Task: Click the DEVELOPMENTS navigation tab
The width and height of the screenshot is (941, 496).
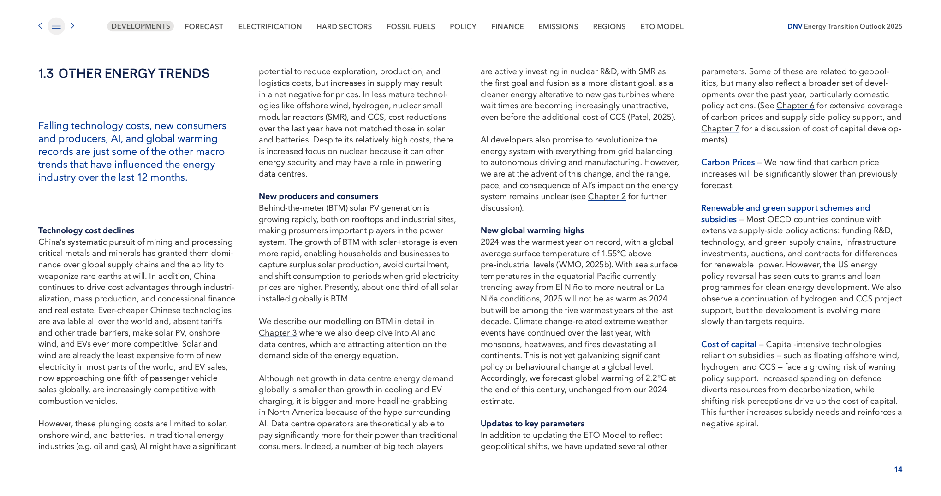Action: point(140,26)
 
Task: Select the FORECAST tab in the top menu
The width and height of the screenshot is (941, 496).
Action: point(204,27)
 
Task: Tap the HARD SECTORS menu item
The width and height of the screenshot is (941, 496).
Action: point(344,27)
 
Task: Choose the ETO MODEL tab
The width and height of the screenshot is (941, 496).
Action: point(662,27)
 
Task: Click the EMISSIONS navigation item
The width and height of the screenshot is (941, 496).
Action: point(558,27)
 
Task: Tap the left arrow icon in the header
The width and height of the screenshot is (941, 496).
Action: point(40,26)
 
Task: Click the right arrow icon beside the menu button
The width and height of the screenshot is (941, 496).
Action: point(72,26)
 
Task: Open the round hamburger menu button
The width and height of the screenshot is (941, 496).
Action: point(56,26)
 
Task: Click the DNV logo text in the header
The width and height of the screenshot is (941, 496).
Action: point(794,26)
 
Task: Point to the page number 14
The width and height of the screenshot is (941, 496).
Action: point(898,469)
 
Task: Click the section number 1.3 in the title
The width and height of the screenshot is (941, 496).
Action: point(46,74)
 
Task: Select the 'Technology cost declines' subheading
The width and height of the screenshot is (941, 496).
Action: point(86,230)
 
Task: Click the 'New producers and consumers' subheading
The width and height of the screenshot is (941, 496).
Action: point(318,196)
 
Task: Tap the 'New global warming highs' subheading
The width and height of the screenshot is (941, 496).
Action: point(532,230)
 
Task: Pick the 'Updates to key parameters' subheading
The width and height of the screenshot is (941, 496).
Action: point(532,424)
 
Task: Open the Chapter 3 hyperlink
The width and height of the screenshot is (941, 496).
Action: point(278,333)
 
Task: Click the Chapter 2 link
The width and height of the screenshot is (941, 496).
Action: point(607,196)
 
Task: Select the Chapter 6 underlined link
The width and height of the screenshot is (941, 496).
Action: point(795,106)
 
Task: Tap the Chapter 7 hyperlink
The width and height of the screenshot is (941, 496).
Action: point(720,129)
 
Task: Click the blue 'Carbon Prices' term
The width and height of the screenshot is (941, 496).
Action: point(727,162)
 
